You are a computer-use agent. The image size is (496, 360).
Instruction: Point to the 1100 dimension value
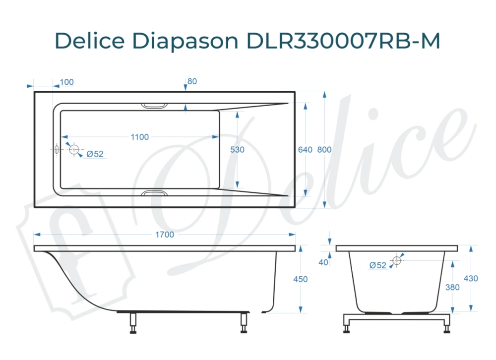[x=139, y=137]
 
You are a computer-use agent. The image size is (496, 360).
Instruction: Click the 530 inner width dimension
[x=237, y=150]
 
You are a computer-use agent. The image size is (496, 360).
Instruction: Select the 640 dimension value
[x=305, y=150]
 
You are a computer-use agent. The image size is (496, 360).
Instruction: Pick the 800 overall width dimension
[x=324, y=150]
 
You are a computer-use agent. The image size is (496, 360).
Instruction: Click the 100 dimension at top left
[x=66, y=82]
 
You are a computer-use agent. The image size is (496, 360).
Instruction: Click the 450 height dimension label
[x=301, y=280]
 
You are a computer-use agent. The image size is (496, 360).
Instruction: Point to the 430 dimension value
[x=470, y=279]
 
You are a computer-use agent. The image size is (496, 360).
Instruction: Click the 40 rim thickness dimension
[x=324, y=262]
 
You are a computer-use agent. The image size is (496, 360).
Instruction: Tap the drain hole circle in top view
[x=74, y=149]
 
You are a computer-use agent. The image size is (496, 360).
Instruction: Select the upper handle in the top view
[x=155, y=106]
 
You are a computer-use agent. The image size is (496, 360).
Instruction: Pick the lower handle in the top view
[x=155, y=192]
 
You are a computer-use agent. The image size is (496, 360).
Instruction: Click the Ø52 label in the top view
[x=95, y=154]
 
